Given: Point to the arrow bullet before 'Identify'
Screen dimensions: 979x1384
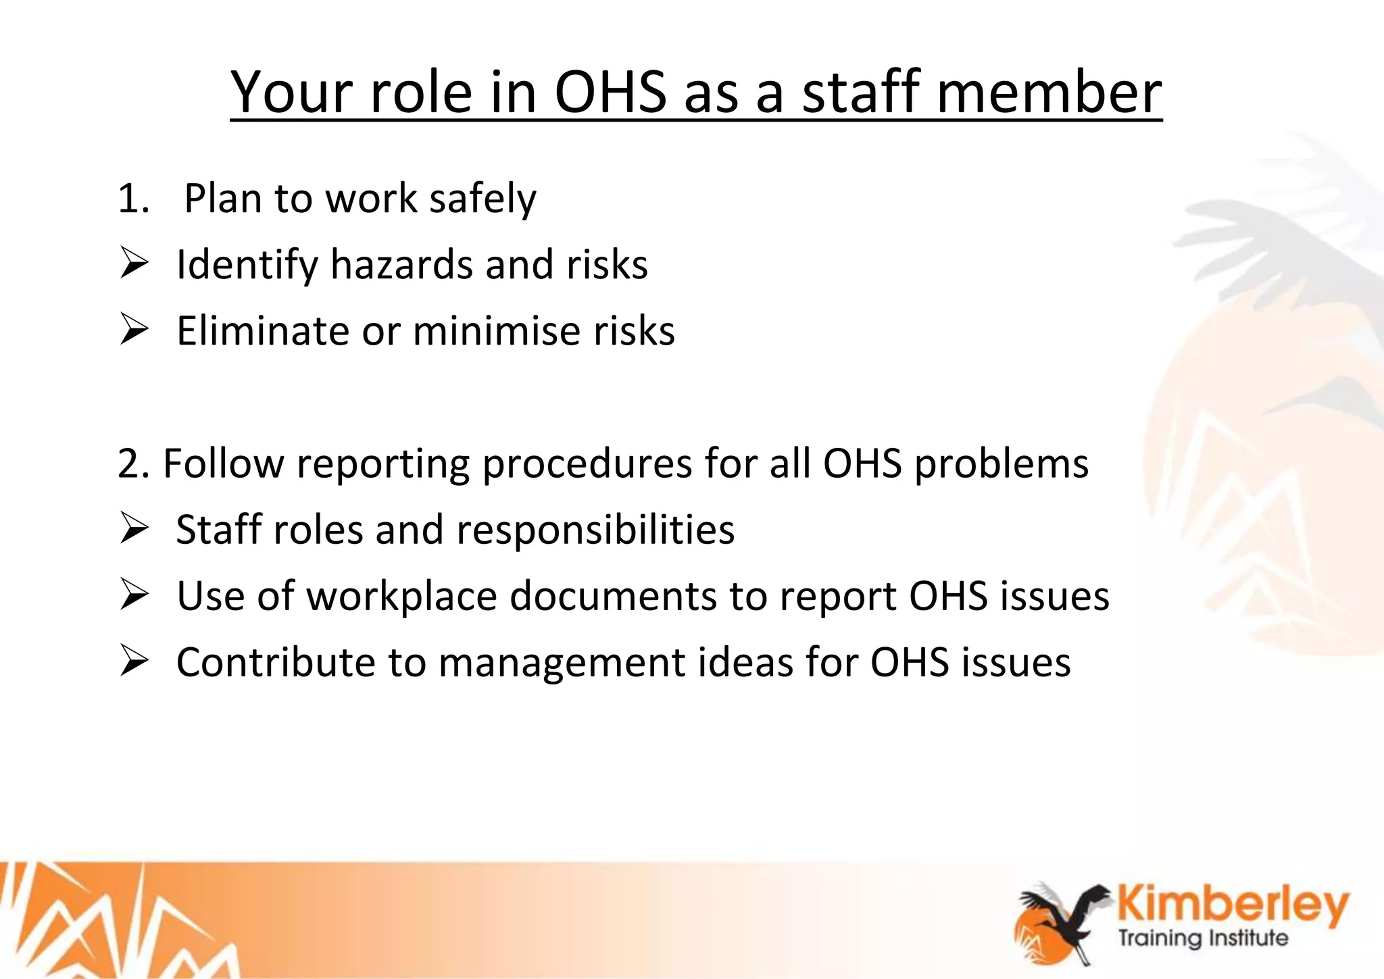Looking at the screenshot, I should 134,263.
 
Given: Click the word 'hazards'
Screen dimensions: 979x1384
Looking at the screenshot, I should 401,264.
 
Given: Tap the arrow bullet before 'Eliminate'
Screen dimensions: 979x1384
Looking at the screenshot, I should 134,330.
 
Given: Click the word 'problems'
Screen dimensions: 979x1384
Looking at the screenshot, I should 1001,465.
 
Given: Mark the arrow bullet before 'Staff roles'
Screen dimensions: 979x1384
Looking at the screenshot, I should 134,528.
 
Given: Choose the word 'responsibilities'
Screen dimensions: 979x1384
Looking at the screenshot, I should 595,530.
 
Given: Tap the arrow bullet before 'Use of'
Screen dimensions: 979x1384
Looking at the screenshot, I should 134,595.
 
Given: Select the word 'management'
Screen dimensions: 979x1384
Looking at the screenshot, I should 562,662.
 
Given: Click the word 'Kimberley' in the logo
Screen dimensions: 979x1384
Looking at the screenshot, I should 1233,905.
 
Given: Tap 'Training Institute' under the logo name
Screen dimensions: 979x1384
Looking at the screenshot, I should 1203,938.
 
